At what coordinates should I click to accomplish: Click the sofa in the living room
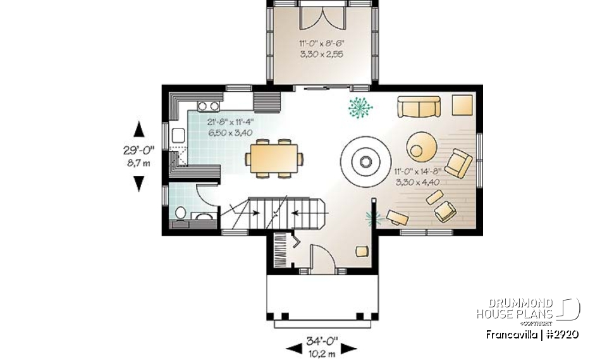pos(419,107)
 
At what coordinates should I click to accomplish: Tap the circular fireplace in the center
pos(365,162)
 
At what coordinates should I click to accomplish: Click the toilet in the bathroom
pos(180,214)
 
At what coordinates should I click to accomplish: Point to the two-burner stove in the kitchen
pos(209,106)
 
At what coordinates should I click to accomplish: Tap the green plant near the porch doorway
pos(360,108)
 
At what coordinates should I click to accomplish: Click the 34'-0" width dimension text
pos(322,341)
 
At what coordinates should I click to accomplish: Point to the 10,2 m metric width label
pos(322,352)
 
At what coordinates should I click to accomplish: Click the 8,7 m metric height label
pos(138,163)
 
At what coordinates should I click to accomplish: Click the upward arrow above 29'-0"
pos(138,130)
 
